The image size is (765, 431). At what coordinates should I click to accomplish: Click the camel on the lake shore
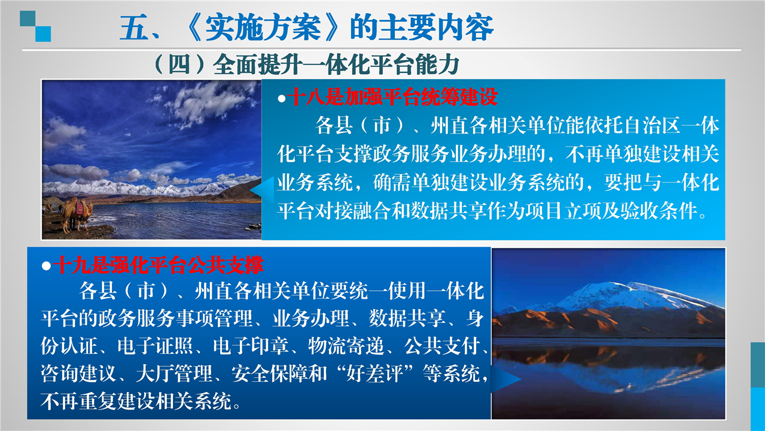tap(77, 213)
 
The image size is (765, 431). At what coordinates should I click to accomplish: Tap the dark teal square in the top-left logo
tap(28, 19)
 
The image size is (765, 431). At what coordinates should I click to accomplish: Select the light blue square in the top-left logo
tap(43, 34)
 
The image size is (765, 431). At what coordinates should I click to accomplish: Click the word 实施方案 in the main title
tap(263, 28)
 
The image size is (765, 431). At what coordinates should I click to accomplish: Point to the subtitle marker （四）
tap(179, 65)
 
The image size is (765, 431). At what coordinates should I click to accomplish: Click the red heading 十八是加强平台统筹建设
tap(392, 97)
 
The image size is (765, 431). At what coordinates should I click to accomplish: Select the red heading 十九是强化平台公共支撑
tap(159, 265)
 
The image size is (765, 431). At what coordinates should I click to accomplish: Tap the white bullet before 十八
tap(282, 99)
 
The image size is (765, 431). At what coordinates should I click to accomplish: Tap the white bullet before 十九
tap(46, 266)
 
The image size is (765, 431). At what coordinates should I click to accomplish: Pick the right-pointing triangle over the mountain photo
tap(505, 379)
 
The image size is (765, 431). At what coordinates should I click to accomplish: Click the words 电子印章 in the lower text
tap(251, 346)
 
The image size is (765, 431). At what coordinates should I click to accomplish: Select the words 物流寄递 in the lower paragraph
tap(346, 346)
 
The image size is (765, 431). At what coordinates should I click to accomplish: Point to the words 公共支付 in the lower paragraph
tap(442, 346)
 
